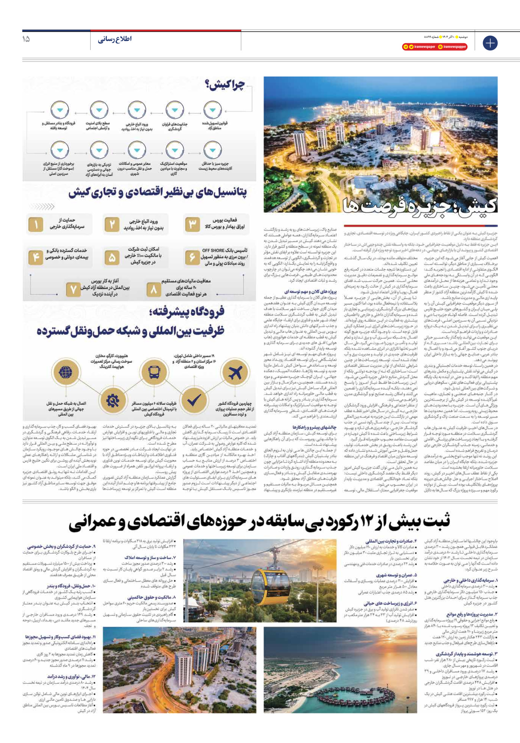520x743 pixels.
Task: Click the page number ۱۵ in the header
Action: click(26, 39)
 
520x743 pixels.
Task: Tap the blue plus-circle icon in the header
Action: click(490, 43)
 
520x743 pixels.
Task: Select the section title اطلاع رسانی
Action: click(114, 39)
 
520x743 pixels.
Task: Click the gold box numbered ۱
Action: click(36, 225)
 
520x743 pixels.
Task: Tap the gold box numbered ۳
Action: click(192, 225)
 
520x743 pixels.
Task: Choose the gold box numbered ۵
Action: click(111, 258)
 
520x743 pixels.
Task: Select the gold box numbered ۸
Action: click(154, 289)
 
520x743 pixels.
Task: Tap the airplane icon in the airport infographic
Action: click(235, 372)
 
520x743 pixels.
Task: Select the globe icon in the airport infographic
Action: click(66, 372)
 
